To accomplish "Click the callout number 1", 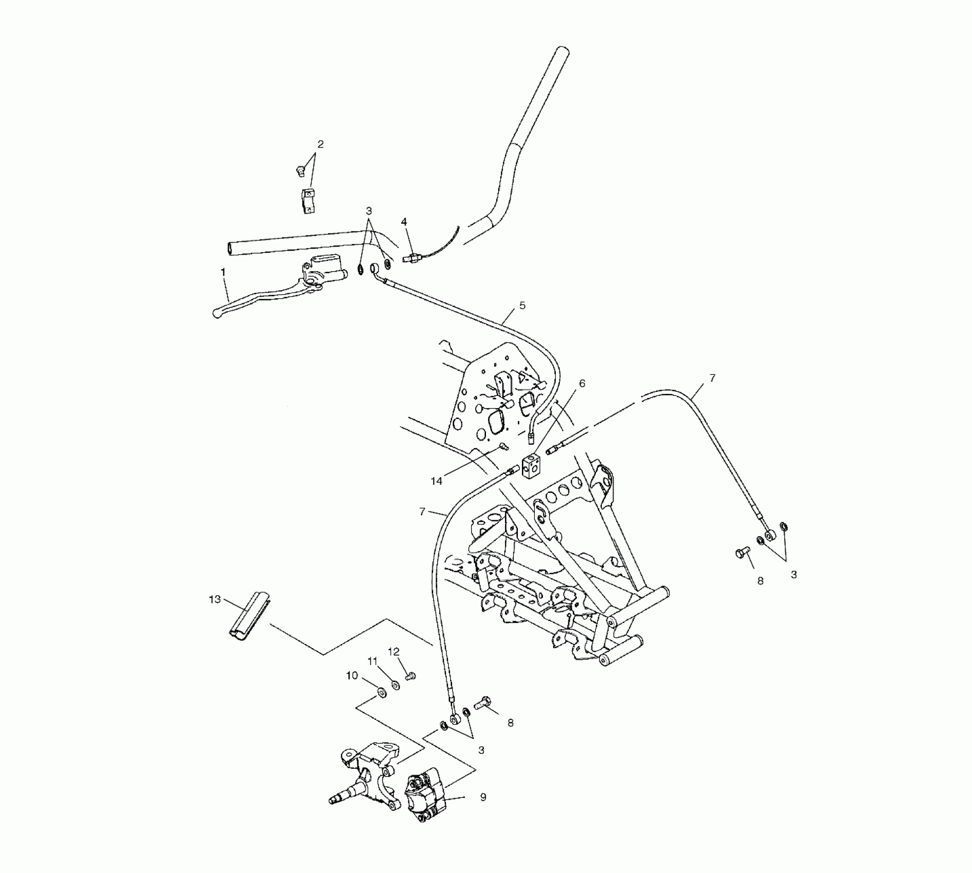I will click(223, 272).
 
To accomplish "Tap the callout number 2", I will click(321, 144).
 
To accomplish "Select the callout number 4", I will click(404, 222).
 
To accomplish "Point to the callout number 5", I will click(522, 306).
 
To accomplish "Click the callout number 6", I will click(582, 383).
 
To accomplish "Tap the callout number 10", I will click(352, 676).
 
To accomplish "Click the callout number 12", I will click(394, 652).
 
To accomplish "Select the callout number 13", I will click(215, 599).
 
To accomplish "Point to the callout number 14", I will click(436, 481).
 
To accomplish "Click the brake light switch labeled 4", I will click(413, 258).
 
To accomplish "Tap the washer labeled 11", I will click(396, 685).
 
